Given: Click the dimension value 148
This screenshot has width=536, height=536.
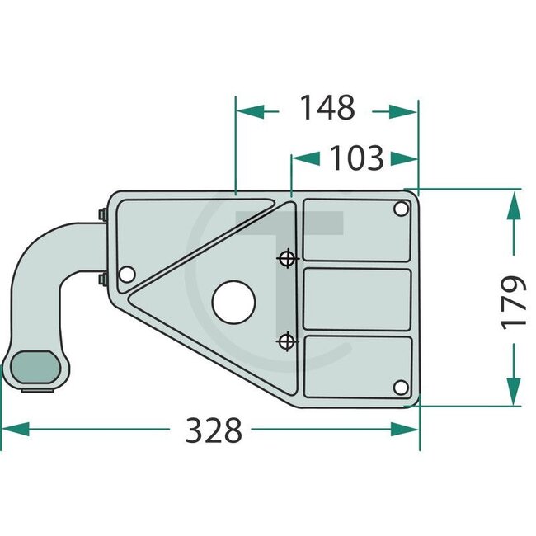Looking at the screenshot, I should (x=327, y=108).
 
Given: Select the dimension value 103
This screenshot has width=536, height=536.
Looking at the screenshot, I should (x=356, y=157).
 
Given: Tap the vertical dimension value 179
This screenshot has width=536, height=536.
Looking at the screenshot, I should (x=513, y=302).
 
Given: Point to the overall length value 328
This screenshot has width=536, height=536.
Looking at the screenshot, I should (x=214, y=430).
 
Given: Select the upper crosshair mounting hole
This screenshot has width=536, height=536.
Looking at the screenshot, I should (x=287, y=258).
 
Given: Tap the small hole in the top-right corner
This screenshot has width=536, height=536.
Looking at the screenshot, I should (x=402, y=209).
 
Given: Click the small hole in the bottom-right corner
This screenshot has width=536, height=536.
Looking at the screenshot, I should (x=401, y=388).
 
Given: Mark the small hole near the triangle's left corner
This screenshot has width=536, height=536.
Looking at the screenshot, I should (x=126, y=274).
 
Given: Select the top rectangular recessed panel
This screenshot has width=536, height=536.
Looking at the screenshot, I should (x=357, y=230).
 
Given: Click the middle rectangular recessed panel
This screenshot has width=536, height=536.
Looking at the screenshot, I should (x=357, y=299).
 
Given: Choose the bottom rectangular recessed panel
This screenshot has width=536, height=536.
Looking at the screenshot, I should (x=357, y=365).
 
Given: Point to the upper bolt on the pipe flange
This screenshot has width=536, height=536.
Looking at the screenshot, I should (x=101, y=215).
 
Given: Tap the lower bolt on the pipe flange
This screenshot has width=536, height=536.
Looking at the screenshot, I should (x=101, y=280).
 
